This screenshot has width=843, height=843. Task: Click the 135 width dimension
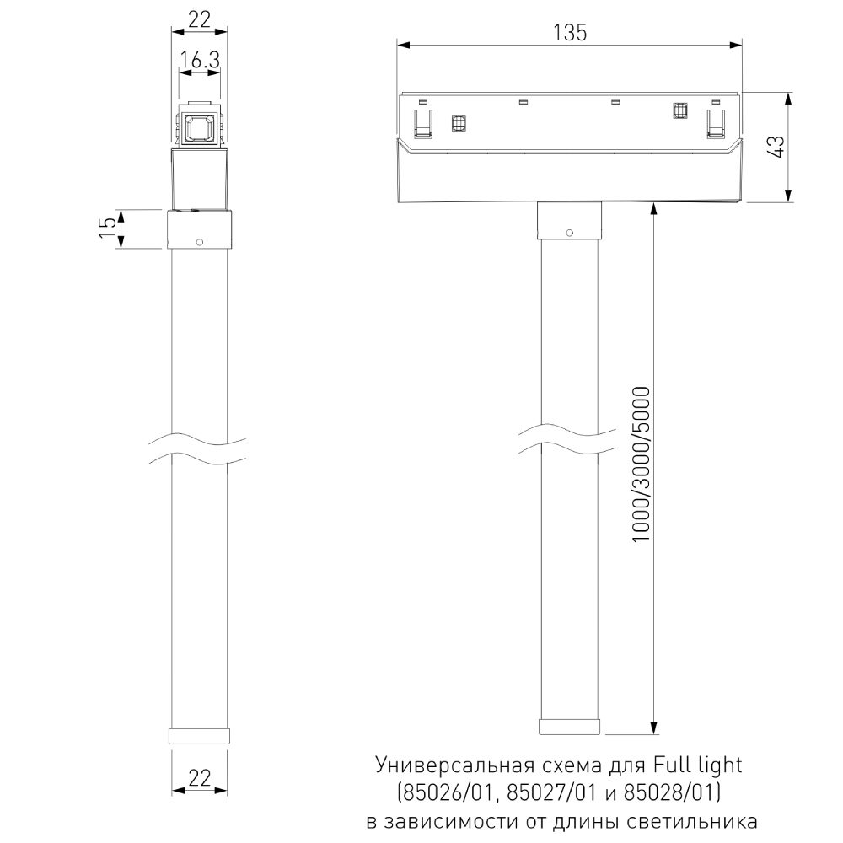point(569,32)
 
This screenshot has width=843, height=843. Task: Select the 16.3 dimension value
point(199,60)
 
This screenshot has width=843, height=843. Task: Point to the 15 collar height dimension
point(107,228)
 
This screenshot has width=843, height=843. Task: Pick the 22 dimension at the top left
point(199,20)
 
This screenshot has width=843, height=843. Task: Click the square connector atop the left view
point(200,127)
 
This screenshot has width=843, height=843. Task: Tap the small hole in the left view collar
point(199,242)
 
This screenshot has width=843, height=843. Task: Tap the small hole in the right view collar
point(569,232)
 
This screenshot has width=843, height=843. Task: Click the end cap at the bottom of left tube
point(200,734)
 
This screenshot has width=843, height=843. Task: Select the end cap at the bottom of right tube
point(570,728)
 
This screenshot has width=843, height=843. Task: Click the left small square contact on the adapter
point(459,124)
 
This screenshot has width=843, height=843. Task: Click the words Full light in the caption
point(697,765)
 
